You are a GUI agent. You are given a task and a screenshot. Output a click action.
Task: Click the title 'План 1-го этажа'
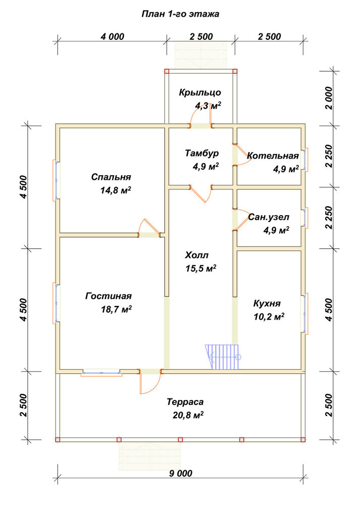coord(180,14)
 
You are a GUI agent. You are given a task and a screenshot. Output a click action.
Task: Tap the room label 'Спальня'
coord(111,177)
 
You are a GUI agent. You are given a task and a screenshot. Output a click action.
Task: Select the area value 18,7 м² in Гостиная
coord(116,310)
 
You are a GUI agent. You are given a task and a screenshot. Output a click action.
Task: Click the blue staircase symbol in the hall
coord(223,357)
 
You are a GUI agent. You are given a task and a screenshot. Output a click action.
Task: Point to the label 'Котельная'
coord(273,156)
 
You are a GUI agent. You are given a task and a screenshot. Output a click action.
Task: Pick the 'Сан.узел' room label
coord(269,217)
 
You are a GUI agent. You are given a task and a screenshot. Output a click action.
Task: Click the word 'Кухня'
coord(267,304)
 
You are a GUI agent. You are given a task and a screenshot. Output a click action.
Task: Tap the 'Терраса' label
coord(185,402)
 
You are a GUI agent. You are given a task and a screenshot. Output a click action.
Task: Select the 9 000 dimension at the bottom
coord(180,474)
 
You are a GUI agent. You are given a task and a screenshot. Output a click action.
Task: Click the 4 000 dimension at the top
coord(113,37)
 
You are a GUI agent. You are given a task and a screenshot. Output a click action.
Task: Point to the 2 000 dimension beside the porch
coord(329,98)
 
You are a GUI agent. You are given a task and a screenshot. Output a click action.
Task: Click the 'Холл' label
coord(196,256)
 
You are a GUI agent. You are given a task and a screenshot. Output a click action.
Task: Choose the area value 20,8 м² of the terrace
coord(188,416)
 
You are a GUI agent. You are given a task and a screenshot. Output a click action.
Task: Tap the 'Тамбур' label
coord(202,153)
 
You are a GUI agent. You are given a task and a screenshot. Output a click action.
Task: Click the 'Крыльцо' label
coord(200,93)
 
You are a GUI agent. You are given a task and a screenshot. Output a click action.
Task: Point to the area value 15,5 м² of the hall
coord(200,269)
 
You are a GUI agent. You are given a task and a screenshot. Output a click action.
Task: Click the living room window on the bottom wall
coord(101,373)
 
